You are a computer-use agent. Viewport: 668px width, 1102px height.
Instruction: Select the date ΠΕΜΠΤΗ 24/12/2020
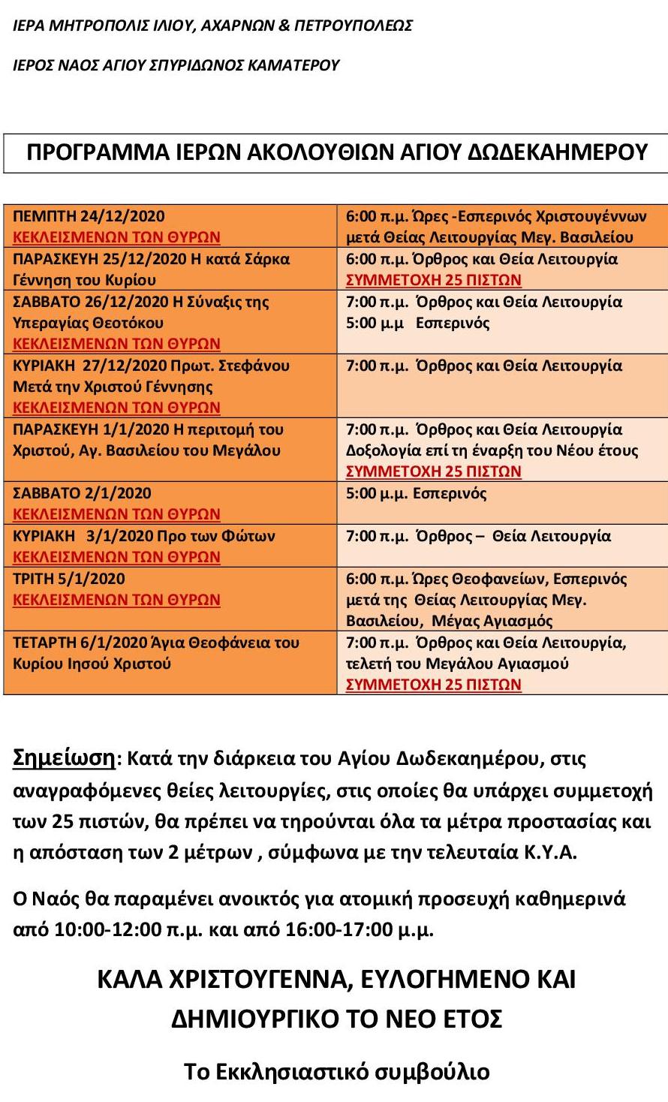[89, 216]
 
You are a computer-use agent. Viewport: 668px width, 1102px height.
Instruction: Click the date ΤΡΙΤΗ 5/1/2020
[69, 579]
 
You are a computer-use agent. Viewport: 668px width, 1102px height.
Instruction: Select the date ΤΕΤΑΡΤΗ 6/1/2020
[78, 643]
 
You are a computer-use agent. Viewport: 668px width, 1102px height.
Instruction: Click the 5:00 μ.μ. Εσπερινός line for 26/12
[417, 324]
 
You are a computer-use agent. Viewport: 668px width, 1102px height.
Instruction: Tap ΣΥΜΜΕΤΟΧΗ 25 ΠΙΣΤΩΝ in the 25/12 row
[433, 281]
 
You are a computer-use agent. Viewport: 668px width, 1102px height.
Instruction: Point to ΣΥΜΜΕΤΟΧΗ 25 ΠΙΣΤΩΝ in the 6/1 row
[433, 685]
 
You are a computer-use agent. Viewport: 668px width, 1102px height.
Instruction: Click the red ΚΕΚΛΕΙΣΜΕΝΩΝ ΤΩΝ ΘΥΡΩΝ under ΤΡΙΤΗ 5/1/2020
[116, 601]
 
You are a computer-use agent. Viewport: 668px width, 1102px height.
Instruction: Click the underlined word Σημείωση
[65, 758]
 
